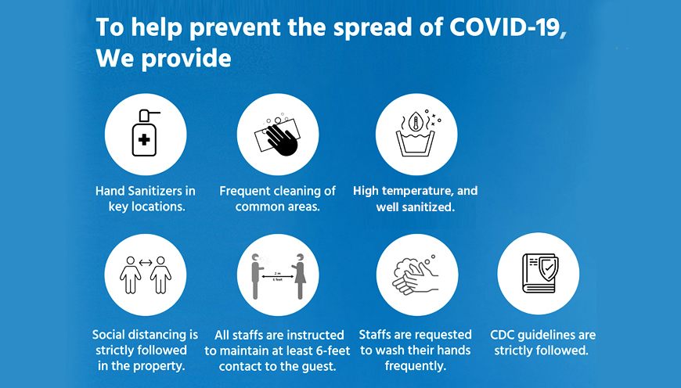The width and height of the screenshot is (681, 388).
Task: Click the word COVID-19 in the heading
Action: pyautogui.click(x=505, y=27)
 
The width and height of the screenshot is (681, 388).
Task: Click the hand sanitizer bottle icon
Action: pyautogui.click(x=145, y=133)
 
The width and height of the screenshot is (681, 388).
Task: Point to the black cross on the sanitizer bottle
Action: pyautogui.click(x=144, y=140)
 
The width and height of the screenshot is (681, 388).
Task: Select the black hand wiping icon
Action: pyautogui.click(x=281, y=139)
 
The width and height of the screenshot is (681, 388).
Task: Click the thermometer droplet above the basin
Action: pyautogui.click(x=416, y=121)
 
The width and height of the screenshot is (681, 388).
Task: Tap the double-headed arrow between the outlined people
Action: pyautogui.click(x=146, y=262)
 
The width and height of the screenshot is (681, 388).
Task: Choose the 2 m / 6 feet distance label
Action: pyautogui.click(x=278, y=276)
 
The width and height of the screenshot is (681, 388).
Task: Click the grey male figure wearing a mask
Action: pyautogui.click(x=257, y=276)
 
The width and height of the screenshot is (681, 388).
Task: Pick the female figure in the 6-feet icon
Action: pyautogui.click(x=299, y=276)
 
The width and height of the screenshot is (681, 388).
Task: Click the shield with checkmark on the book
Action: pyautogui.click(x=549, y=268)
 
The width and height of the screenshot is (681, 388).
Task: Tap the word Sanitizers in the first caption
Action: pyautogui.click(x=157, y=191)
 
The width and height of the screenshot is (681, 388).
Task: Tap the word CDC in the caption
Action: pyautogui.click(x=503, y=335)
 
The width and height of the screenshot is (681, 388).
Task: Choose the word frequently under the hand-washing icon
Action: pyautogui.click(x=415, y=366)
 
